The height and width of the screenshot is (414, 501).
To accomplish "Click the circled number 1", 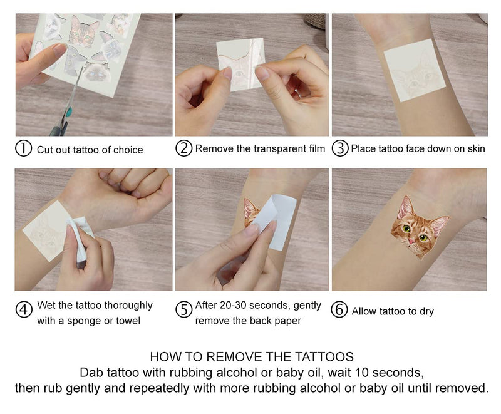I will pyautogui.click(x=23, y=149).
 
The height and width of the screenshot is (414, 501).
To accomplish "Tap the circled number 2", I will pyautogui.click(x=183, y=148).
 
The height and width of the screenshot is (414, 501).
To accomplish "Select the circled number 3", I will pyautogui.click(x=339, y=149).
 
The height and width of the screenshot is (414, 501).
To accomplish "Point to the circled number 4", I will pyautogui.click(x=24, y=311).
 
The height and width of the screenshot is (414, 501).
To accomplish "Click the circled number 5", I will pyautogui.click(x=183, y=311).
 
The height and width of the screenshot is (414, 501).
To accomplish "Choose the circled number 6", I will pyautogui.click(x=339, y=311).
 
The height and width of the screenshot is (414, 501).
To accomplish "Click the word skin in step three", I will pyautogui.click(x=474, y=149).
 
